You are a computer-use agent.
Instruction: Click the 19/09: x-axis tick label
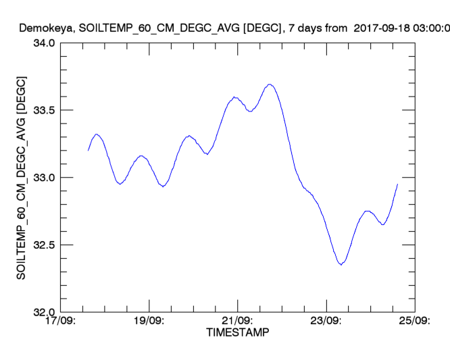149,321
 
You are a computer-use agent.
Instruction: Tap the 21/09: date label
237,321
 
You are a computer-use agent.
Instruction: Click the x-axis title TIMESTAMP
237,332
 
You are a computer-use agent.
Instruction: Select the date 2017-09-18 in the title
384,28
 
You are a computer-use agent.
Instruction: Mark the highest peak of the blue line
270,84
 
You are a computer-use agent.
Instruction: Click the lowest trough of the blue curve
341,265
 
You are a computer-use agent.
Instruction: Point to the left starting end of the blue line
88,150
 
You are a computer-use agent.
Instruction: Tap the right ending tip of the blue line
397,184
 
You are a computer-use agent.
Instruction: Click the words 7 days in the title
305,28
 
